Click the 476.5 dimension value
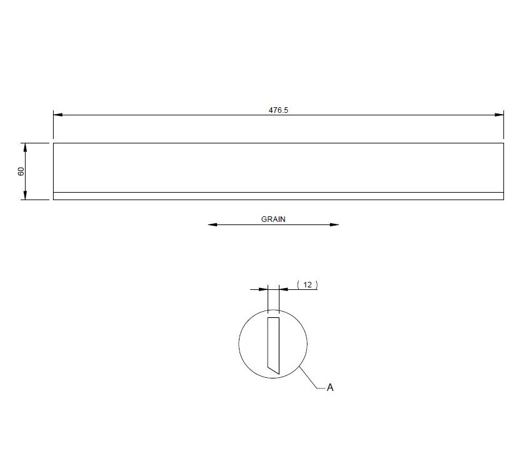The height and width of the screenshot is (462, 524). [278, 110]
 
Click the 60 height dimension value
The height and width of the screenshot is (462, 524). [21, 171]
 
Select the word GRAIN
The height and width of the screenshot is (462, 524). [273, 219]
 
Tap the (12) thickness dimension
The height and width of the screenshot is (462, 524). [307, 284]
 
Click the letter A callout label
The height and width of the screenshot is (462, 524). [330, 387]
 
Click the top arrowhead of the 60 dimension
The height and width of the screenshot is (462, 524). [25, 147]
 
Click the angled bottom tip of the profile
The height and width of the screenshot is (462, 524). [276, 372]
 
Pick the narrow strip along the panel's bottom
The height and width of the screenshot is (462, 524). [278, 196]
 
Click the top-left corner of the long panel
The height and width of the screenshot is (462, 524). [54, 143]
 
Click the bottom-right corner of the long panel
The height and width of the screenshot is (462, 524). [503, 200]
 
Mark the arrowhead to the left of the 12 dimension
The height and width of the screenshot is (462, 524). [263, 289]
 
